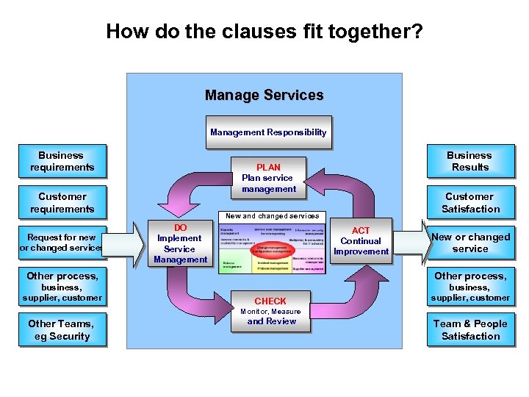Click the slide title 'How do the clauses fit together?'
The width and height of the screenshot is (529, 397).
click(x=264, y=32)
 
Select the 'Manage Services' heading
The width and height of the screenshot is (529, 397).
click(x=264, y=96)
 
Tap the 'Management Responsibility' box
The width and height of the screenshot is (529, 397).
click(x=267, y=132)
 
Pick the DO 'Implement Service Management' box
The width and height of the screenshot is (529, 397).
click(x=180, y=243)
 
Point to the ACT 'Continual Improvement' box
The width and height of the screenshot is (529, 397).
click(x=361, y=241)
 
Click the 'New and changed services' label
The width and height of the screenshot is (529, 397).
click(x=272, y=216)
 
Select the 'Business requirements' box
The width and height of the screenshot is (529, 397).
click(x=62, y=161)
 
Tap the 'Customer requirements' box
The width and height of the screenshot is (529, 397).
click(x=62, y=203)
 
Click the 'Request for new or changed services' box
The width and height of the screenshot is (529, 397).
click(x=62, y=243)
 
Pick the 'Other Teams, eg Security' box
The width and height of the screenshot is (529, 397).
click(x=62, y=330)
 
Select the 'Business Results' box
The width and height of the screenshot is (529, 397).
click(x=470, y=161)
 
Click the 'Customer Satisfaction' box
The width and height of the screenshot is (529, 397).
click(x=470, y=203)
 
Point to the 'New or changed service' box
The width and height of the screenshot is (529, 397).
click(x=470, y=243)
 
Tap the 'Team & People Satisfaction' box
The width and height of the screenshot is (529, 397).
click(x=470, y=330)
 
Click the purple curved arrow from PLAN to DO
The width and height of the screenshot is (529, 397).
click(x=188, y=188)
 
